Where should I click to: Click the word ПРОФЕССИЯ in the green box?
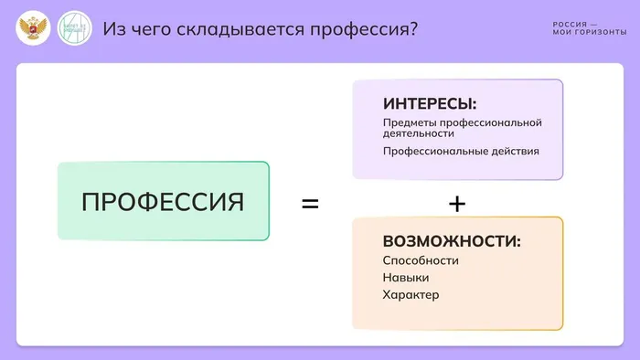point(163,201)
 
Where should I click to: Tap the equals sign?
point(310,203)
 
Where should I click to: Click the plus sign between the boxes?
point(457,203)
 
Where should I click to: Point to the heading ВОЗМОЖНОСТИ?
point(452,242)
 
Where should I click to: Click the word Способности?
point(421,260)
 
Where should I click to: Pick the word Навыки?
point(406,278)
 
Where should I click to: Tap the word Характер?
point(411,295)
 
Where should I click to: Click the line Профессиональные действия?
point(461,151)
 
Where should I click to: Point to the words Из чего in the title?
point(131,29)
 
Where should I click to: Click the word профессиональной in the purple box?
point(492,122)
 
